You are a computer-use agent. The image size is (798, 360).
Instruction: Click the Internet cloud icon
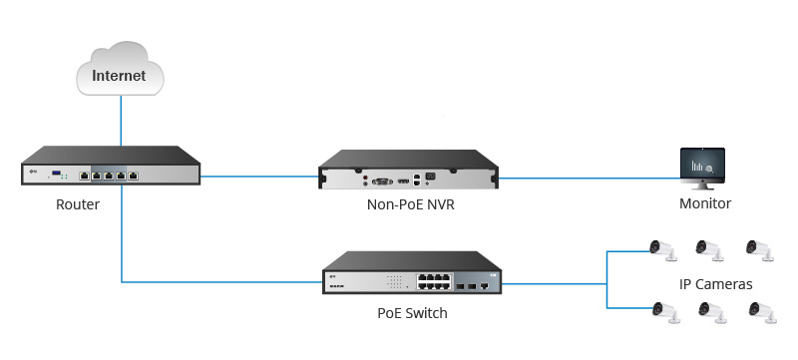(x=120, y=69)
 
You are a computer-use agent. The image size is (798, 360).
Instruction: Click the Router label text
(x=77, y=203)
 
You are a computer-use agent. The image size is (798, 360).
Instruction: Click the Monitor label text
(x=705, y=203)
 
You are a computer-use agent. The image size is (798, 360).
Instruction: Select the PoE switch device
(x=411, y=273)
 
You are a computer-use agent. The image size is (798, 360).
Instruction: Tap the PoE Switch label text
(x=411, y=313)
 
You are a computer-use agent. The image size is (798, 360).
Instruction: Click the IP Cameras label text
(x=716, y=284)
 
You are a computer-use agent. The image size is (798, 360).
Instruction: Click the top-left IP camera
(x=660, y=249)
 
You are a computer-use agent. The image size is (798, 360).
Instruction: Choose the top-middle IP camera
(x=709, y=249)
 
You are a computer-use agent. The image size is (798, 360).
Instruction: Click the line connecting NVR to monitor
(x=589, y=179)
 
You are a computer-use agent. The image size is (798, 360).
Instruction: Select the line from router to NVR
(x=259, y=179)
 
